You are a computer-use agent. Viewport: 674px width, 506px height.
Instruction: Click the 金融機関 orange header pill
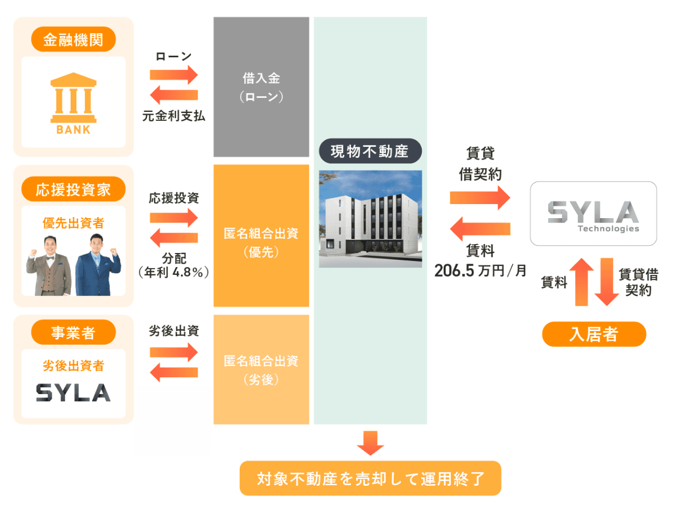coord(74,39)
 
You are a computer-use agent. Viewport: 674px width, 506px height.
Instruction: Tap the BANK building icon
coord(74,103)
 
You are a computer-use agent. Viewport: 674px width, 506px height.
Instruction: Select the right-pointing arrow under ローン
coord(174,75)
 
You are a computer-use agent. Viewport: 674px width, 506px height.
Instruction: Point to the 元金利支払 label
coord(174,116)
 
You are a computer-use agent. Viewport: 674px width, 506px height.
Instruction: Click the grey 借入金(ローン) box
coord(261,87)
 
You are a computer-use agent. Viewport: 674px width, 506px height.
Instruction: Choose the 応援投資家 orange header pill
coord(74,189)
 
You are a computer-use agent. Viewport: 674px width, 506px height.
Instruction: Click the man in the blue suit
coord(98,265)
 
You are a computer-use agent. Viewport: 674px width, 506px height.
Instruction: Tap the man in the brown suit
coord(49,266)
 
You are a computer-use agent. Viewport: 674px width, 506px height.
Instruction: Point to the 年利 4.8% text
coord(174,272)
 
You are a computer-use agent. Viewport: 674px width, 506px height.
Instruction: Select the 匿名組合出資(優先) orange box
coord(261,236)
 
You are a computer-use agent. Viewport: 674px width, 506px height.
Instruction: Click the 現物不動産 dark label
coord(370,151)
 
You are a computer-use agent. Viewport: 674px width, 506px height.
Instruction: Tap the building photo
coord(370,219)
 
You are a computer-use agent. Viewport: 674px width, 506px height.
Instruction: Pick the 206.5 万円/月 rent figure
coord(480,270)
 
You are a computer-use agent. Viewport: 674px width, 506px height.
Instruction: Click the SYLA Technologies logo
coord(593,214)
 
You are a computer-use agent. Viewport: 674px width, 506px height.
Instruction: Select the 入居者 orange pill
coord(594,334)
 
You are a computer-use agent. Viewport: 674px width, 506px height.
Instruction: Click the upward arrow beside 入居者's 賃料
coord(581,282)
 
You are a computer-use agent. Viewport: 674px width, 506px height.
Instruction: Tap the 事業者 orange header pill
coord(74,332)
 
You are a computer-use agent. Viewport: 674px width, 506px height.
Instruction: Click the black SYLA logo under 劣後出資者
coord(74,392)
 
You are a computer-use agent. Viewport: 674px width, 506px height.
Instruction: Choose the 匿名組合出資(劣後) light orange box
coord(261,369)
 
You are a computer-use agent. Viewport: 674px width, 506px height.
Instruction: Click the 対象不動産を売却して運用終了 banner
coord(370,478)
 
